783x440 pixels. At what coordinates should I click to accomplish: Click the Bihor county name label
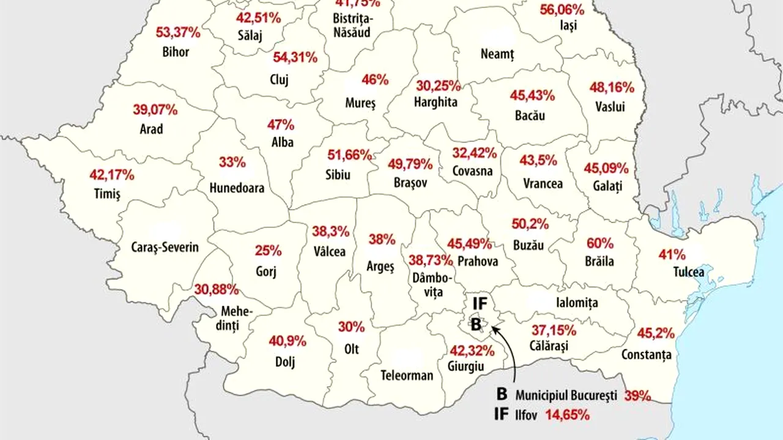[x=176, y=52]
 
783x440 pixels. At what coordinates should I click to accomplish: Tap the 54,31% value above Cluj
[x=295, y=58]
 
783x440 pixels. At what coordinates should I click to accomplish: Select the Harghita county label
[x=436, y=102]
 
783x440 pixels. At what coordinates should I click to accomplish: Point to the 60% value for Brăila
[x=600, y=243]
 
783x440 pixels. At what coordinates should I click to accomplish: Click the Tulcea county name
[x=689, y=273]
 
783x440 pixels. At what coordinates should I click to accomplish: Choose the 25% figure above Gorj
[x=269, y=251]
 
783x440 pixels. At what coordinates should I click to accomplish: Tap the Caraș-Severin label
[x=165, y=248]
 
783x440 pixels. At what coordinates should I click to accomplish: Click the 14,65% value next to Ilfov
[x=567, y=416]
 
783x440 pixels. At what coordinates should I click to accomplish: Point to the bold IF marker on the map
[x=480, y=303]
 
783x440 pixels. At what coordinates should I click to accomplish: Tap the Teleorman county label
[x=407, y=375]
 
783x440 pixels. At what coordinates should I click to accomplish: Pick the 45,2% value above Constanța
[x=656, y=334]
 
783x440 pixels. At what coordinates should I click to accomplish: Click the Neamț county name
[x=497, y=54]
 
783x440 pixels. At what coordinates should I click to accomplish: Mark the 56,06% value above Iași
[x=562, y=10]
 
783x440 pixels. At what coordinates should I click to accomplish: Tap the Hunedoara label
[x=237, y=188]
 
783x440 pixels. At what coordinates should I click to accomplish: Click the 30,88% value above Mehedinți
[x=217, y=290]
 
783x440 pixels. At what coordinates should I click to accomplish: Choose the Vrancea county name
[x=543, y=183]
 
